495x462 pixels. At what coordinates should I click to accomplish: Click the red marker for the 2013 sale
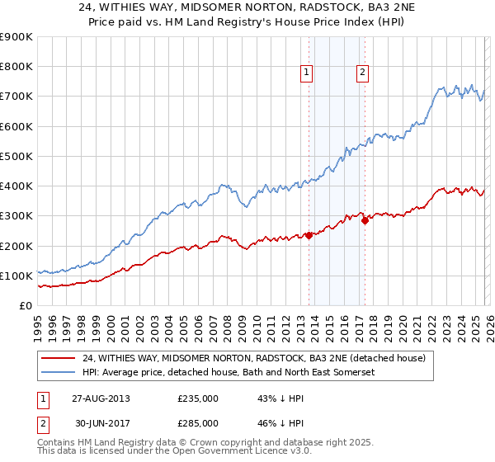tap(309, 235)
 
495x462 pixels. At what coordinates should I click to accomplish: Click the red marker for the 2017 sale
tap(365, 220)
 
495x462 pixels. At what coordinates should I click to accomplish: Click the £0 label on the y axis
tap(26, 305)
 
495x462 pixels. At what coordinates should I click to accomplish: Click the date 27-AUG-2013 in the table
tap(99, 398)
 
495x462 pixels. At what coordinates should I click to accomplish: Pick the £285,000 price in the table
tap(197, 422)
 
